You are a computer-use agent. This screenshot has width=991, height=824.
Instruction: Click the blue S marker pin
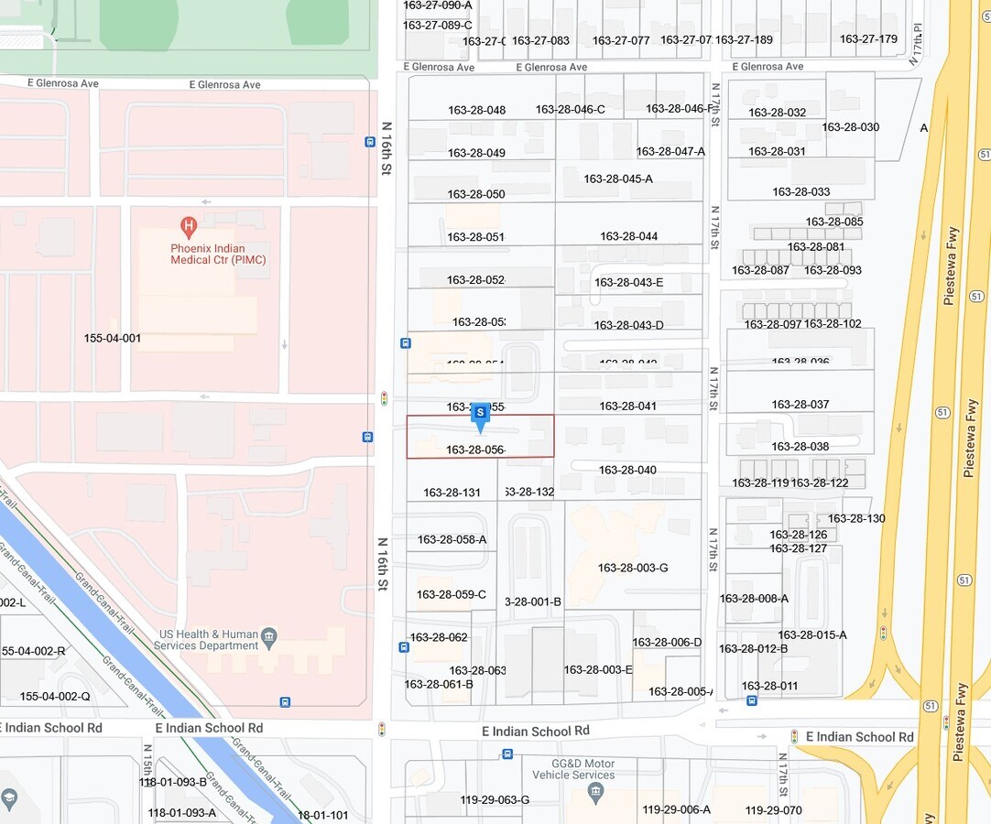pos(480,417)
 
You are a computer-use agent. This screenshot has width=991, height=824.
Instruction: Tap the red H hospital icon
pos(189,224)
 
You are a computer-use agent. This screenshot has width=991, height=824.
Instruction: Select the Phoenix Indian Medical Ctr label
pos(218,254)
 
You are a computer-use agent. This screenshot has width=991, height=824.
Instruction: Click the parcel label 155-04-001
pos(113,339)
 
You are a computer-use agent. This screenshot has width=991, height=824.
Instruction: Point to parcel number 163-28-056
pos(475,450)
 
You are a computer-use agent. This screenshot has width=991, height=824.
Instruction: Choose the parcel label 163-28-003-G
pos(633,568)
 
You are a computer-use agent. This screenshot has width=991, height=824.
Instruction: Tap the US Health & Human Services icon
pos(268,635)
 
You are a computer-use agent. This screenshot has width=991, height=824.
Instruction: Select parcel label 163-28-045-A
pos(618,179)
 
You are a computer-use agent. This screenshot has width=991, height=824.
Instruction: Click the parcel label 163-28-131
pos(452,493)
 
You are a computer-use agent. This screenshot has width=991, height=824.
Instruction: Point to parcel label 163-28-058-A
pos(452,539)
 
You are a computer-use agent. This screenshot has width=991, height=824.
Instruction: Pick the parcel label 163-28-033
pos(800,191)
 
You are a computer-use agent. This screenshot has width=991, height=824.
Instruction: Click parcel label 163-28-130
pos(856,518)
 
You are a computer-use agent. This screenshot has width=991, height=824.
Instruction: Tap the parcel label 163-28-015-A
pos(812,634)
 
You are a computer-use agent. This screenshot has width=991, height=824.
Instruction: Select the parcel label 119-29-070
pos(773,810)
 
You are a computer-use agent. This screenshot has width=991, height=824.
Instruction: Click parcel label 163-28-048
pos(476,110)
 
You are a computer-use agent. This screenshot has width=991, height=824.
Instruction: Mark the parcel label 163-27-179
pos(868,39)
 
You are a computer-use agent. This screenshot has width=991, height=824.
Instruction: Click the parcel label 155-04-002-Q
pos(55,696)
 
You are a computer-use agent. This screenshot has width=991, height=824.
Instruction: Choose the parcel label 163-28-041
pos(628,406)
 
